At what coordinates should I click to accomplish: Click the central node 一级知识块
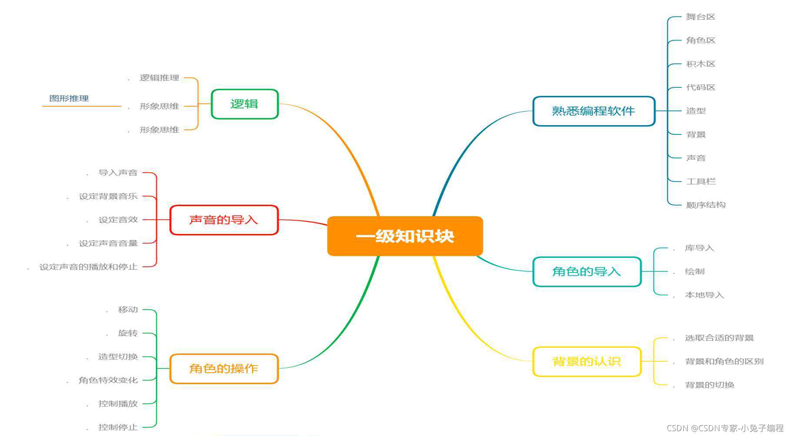click(x=405, y=236)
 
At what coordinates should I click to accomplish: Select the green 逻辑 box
click(x=244, y=104)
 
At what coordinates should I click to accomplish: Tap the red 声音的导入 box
click(x=223, y=220)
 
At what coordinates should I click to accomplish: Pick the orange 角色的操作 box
click(x=223, y=369)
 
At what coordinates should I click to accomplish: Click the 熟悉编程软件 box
click(x=593, y=111)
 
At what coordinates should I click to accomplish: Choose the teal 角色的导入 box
click(x=587, y=272)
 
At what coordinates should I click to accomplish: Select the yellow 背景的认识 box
click(x=587, y=361)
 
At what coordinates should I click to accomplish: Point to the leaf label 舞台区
click(x=700, y=17)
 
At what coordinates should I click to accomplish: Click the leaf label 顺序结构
click(x=706, y=205)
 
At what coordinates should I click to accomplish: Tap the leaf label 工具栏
click(x=700, y=181)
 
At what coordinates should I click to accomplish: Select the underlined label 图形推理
click(x=69, y=99)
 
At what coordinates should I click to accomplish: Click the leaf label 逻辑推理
click(x=159, y=78)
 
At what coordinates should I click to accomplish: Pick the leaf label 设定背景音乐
click(x=108, y=196)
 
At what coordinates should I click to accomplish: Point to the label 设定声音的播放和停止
click(x=88, y=267)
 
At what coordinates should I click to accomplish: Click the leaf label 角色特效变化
click(x=108, y=380)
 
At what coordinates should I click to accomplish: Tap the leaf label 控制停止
click(x=118, y=427)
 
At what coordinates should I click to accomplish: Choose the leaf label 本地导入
click(x=704, y=295)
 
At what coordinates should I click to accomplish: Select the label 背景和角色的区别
click(x=724, y=361)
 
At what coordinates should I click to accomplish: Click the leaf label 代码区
click(x=700, y=87)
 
